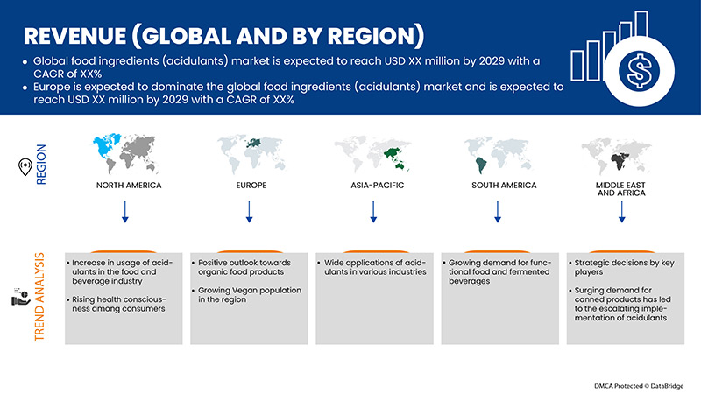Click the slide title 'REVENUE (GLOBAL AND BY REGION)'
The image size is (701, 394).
pos(223,36)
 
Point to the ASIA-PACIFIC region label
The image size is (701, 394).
pos(374,186)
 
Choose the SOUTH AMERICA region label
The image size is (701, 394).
pos(499,186)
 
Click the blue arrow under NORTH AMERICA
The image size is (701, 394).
pos(125,212)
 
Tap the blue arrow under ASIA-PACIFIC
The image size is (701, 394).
pos(374,212)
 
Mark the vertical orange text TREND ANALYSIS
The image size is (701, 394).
pos(39,298)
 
